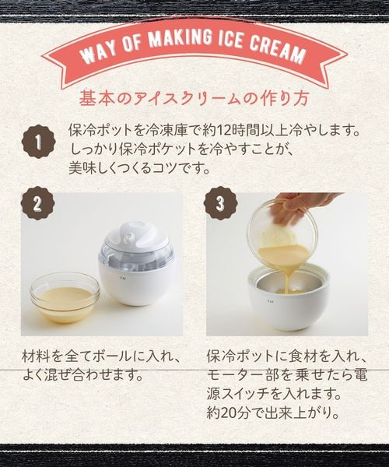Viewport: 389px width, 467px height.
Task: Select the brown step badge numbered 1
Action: point(38,142)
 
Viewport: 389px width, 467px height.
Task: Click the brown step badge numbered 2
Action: point(38,203)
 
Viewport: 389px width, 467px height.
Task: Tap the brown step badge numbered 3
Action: point(220,203)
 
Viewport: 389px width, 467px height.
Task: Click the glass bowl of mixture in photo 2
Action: point(65,297)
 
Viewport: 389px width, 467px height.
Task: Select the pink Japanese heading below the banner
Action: point(194,98)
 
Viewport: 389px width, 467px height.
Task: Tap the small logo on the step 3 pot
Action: point(270,300)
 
